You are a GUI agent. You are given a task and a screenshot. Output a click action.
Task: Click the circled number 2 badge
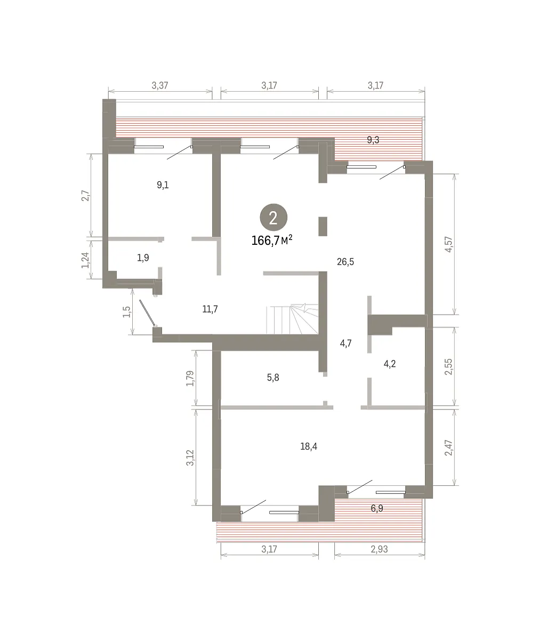pyautogui.click(x=273, y=217)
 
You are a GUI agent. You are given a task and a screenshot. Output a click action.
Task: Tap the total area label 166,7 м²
pyautogui.click(x=272, y=241)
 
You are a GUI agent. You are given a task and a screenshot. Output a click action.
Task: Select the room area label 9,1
pyautogui.click(x=163, y=185)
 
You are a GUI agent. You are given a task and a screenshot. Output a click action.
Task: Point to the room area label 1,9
pyautogui.click(x=143, y=258)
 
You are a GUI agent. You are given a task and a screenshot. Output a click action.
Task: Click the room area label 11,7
pyautogui.click(x=210, y=309)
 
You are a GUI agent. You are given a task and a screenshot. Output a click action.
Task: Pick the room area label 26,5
pyautogui.click(x=345, y=262)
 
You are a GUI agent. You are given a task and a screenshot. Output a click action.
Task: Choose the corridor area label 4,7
pyautogui.click(x=345, y=343)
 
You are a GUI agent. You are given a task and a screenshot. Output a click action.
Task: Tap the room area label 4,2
pyautogui.click(x=390, y=364)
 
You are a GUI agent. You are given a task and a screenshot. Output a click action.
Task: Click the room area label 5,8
pyautogui.click(x=273, y=378)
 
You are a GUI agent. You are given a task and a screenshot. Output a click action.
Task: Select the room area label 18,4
pyautogui.click(x=309, y=446)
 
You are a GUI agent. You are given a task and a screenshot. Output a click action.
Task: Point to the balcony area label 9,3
pyautogui.click(x=373, y=140)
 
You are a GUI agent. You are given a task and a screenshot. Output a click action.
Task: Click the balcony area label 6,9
pyautogui.click(x=377, y=508)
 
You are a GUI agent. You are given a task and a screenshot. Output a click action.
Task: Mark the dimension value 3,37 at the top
pyautogui.click(x=160, y=85)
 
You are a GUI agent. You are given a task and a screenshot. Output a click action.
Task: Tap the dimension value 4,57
pyautogui.click(x=448, y=244)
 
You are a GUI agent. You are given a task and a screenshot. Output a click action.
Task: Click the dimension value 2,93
pyautogui.click(x=380, y=549)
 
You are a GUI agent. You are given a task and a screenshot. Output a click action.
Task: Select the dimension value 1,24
pyautogui.click(x=85, y=260)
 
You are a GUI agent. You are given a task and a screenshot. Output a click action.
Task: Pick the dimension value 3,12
pyautogui.click(x=190, y=458)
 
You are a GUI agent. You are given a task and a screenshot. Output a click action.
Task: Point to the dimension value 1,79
pyautogui.click(x=190, y=379)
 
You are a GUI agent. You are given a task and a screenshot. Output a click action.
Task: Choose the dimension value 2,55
pyautogui.click(x=448, y=367)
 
